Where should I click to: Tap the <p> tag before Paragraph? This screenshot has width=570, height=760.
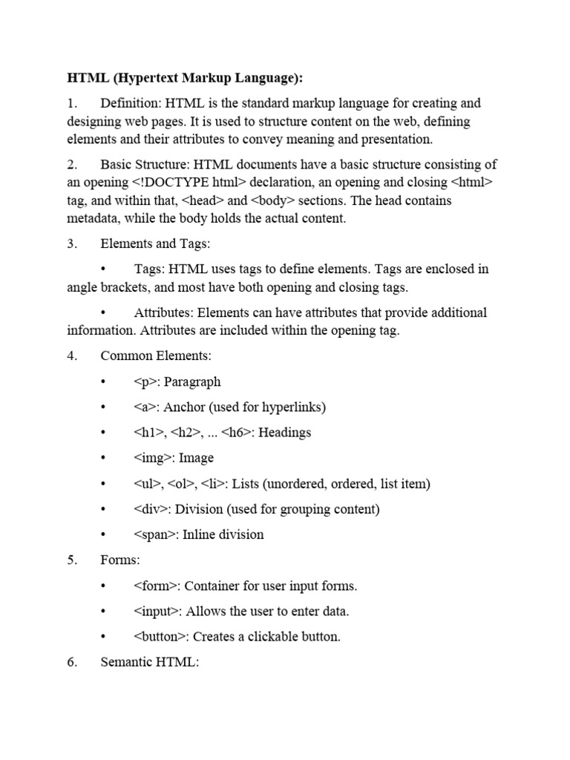coord(146,382)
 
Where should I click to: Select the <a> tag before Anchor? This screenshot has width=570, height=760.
coord(146,407)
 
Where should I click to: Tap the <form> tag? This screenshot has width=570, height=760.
coord(156,586)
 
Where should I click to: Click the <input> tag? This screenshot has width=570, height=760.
coord(157,611)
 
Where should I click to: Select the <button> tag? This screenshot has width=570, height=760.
coord(161,637)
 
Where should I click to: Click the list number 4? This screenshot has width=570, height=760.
coord(72,356)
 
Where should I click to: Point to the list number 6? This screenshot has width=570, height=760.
coord(72,662)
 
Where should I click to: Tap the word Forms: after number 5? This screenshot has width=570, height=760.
coord(121,560)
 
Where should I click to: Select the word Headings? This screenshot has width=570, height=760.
coord(285,433)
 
